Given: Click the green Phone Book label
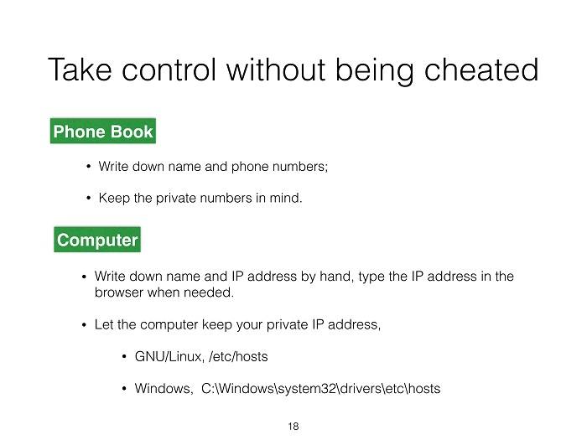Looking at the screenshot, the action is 103,131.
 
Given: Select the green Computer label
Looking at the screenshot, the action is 97,240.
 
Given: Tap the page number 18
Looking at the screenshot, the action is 293,426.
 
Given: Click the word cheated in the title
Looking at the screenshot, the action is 481,70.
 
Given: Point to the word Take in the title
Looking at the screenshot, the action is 80,70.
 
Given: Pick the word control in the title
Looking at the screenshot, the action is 169,70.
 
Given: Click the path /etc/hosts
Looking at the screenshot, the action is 238,356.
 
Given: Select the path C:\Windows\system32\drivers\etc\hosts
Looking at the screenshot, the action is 321,388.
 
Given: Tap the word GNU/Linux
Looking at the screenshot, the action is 169,356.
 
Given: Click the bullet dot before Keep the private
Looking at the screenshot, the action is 88,198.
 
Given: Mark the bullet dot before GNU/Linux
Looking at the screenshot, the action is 124,356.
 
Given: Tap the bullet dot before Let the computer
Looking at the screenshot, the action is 84,324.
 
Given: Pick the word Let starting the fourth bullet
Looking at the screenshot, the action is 104,324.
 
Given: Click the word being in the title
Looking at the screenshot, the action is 374,70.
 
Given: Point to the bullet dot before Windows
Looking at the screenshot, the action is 124,388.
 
